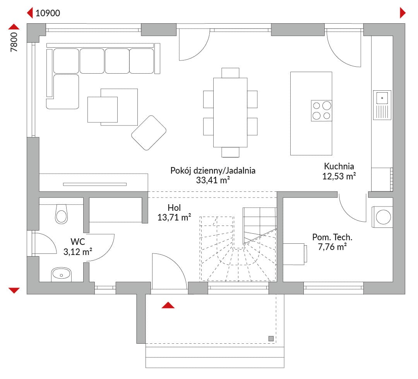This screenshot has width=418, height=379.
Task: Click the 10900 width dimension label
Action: coord(48,13)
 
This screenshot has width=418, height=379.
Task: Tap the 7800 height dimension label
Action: coord(14,42)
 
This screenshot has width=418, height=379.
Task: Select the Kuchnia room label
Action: coord(339,166)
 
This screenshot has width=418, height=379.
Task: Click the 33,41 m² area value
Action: coord(213,180)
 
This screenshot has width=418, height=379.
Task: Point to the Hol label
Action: coord(174,208)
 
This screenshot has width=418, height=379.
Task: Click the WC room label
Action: coord(77,242)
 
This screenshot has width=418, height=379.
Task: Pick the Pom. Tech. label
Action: coord(332,237)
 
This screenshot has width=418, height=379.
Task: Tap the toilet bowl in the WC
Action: coord(61,214)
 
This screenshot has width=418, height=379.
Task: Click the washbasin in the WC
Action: coord(61,274)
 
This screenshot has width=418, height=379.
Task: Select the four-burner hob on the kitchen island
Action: coord(322,110)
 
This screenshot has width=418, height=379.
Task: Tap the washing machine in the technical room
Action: coord(382,217)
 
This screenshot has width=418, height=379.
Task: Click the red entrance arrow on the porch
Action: coord(168,305)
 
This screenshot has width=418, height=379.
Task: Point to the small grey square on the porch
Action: coord(271,339)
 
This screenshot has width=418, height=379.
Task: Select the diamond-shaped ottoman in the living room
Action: coord(149,133)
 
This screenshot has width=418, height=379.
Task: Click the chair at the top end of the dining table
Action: coord(230,73)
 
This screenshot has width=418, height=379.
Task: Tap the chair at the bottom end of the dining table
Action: coord(230,152)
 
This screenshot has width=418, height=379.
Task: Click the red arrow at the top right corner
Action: coord(403,13)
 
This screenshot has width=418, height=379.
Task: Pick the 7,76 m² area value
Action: coord(332,247)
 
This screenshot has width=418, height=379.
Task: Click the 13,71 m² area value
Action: coord(174,217)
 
